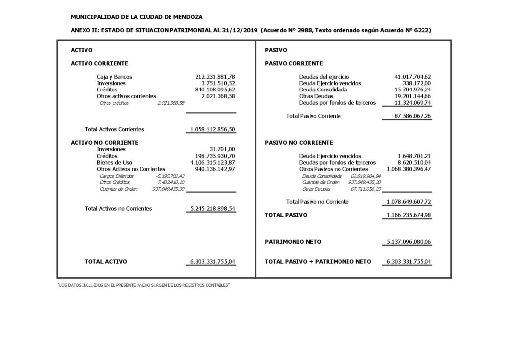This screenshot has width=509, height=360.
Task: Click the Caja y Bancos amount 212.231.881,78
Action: (215, 77)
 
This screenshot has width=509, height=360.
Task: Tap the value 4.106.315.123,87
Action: (212, 162)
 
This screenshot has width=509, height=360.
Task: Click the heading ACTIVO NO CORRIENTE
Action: (104, 142)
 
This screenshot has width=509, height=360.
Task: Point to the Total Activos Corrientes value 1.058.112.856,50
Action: (212, 129)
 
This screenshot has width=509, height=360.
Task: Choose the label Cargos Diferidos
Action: (114, 176)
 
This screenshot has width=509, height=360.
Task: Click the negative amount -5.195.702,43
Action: (170, 176)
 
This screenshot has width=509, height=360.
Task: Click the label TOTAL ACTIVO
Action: (106, 261)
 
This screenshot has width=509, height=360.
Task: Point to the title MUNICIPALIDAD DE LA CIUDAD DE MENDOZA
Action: (137, 17)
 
